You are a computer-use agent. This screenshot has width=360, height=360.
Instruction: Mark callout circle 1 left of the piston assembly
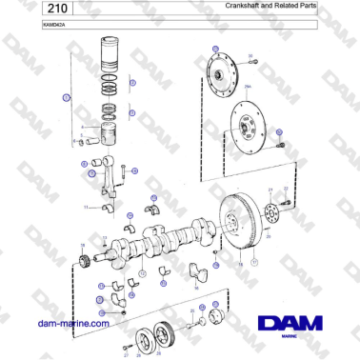66,97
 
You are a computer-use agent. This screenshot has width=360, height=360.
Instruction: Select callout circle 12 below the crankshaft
142,274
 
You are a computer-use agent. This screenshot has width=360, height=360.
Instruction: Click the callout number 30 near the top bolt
250,56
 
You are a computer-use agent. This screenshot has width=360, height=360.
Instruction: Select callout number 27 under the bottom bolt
126,355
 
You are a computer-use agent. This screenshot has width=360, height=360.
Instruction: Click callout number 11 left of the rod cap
86,207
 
